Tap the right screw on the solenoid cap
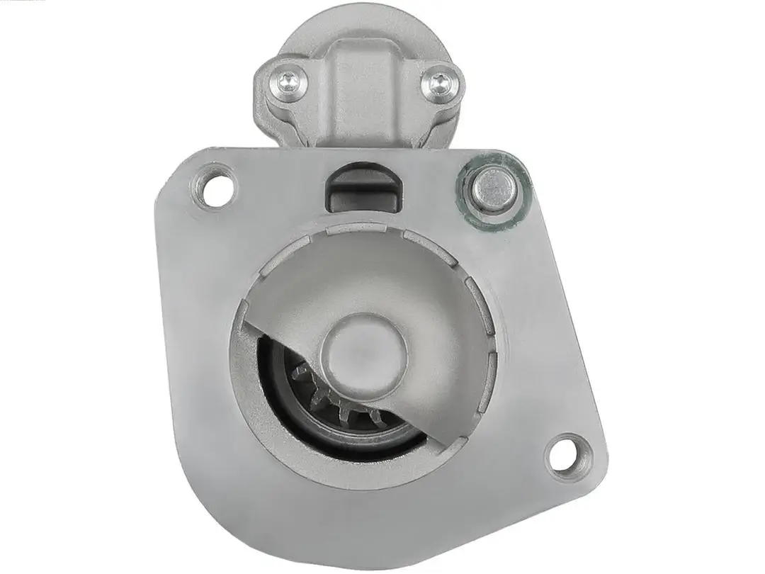437,81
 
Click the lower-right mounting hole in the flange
566,455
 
